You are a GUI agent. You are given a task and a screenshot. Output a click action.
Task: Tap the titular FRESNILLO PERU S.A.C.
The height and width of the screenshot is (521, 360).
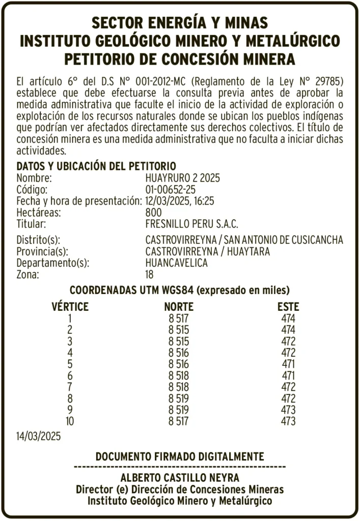191,224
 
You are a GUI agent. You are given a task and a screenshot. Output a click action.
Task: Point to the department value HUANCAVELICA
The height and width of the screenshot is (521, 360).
176,263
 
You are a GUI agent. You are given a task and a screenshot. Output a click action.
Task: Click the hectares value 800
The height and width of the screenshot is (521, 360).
153,212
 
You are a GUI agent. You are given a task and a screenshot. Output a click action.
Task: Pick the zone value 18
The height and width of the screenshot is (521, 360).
150,275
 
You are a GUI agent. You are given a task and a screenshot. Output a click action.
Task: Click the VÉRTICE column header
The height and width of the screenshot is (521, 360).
70,307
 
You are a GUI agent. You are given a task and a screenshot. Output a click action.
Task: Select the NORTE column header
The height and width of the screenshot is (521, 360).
179,307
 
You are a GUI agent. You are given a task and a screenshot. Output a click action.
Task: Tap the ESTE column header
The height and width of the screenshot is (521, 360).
288,307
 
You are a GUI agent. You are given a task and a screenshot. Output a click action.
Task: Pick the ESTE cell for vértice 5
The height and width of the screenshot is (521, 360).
288,364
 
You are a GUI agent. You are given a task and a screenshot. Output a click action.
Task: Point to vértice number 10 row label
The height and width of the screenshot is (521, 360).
70,421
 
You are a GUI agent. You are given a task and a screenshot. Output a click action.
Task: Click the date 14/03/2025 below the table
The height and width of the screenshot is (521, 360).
38,436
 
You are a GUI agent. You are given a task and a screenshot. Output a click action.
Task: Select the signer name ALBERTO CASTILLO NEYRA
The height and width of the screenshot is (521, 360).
180,478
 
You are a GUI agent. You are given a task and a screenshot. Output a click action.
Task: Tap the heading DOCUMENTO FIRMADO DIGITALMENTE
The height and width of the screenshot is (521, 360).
180,456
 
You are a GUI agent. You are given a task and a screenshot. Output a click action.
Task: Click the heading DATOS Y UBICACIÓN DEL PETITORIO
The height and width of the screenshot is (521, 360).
96,166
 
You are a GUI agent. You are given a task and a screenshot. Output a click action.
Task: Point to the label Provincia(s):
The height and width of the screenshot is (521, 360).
42,251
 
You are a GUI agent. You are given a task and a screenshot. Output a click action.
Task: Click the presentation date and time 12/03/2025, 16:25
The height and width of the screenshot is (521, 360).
179,201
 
